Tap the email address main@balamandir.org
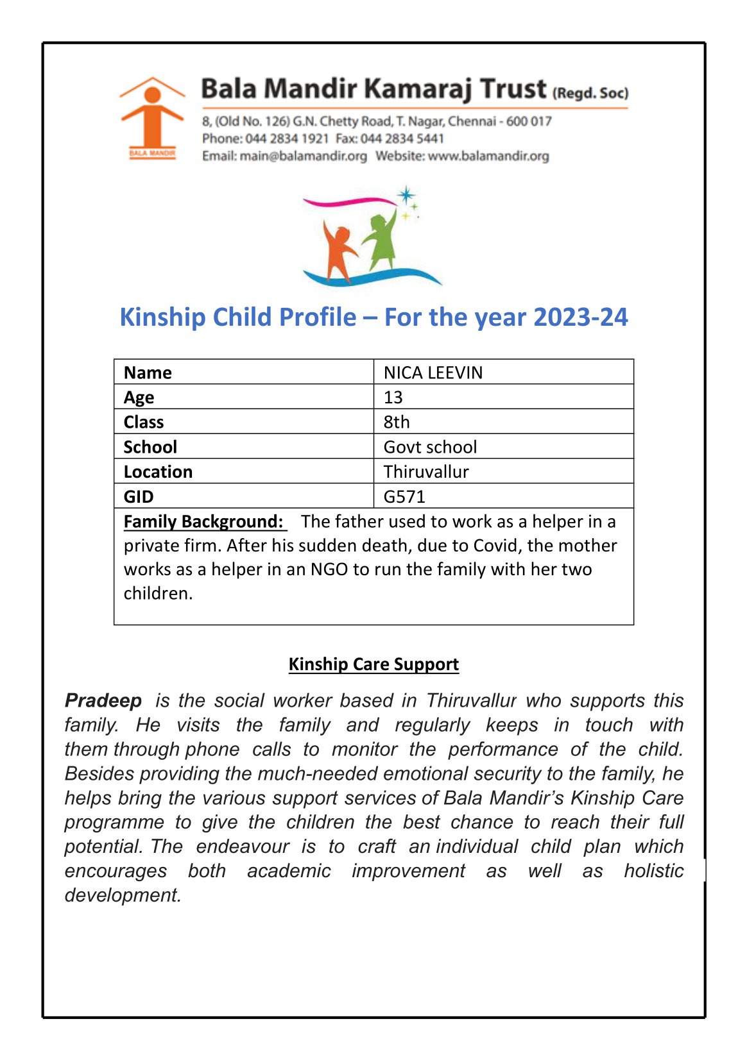pos(303,156)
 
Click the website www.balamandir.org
pos(488,156)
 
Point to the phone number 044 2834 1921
pos(287,139)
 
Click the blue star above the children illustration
pos(406,195)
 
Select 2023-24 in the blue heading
pos(580,317)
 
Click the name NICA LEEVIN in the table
pos(433,373)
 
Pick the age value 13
pos(393,398)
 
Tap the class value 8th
pos(397,422)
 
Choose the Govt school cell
pos(430,447)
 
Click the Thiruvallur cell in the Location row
pos(426,472)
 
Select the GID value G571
pos(404,496)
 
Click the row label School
pos(150,447)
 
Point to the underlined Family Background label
pos(204,521)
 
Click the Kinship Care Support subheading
pos(374,664)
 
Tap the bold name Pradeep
pos(103,700)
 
